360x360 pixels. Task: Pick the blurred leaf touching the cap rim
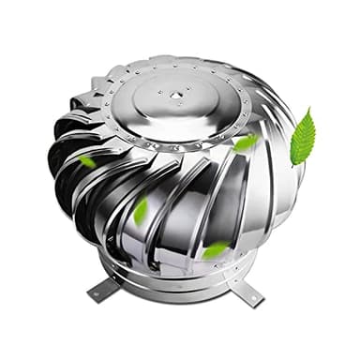click(245, 142)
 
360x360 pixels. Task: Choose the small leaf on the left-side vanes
click(86, 160)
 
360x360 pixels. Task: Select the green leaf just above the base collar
click(216, 250)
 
